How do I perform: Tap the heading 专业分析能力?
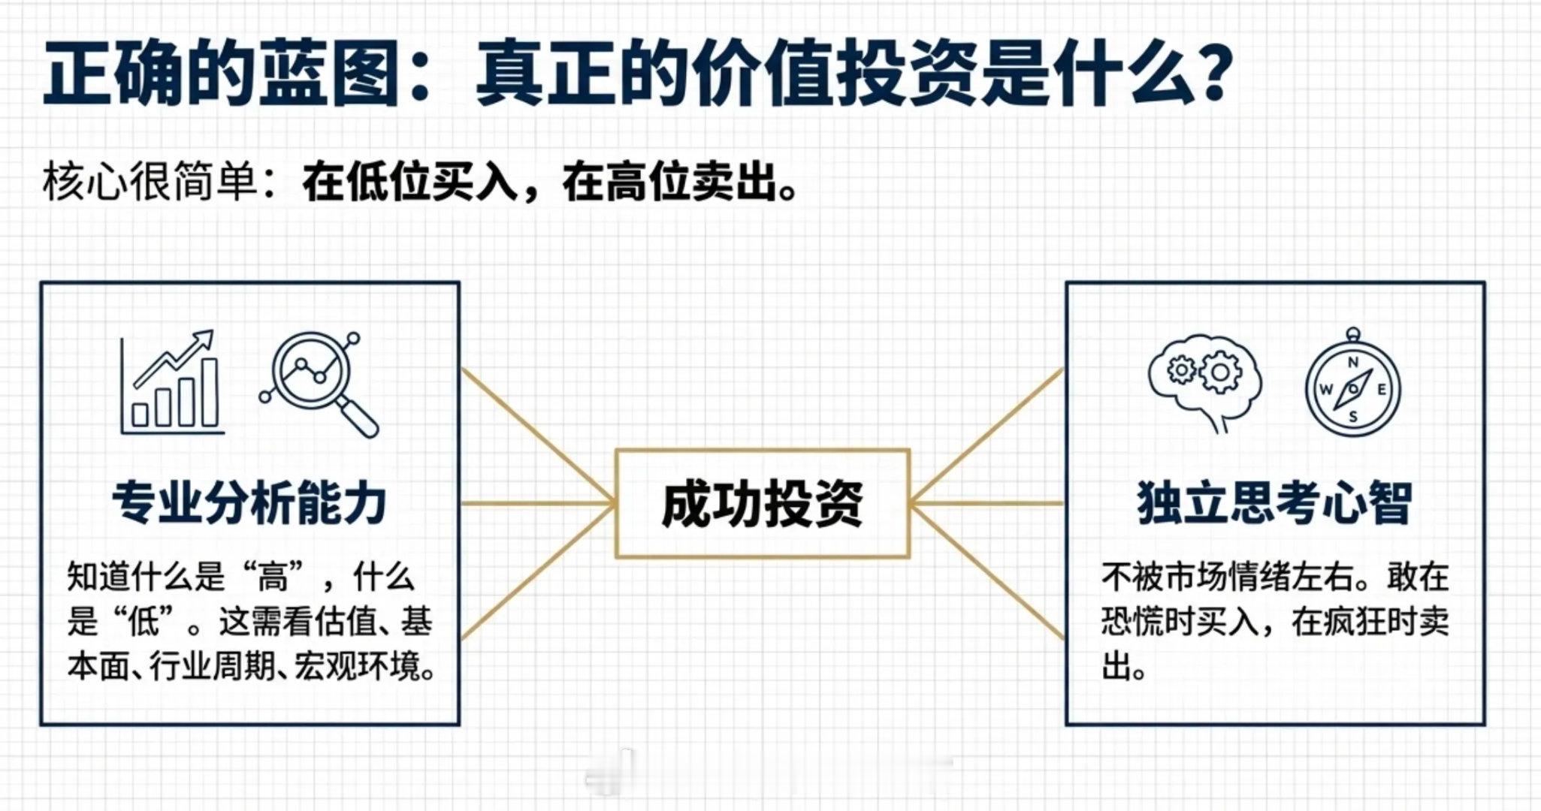(249, 503)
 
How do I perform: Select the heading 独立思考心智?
(1275, 503)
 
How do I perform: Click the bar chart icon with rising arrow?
(173, 382)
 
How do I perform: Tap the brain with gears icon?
(1204, 384)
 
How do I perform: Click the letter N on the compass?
(1353, 363)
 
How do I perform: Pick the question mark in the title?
(1211, 74)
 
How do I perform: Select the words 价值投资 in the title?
(834, 74)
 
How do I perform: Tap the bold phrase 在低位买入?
(410, 182)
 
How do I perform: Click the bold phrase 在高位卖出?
(669, 182)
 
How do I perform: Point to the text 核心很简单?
(150, 182)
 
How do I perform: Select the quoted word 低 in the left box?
(143, 622)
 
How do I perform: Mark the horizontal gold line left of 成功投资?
(538, 503)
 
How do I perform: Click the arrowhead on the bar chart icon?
(204, 339)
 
